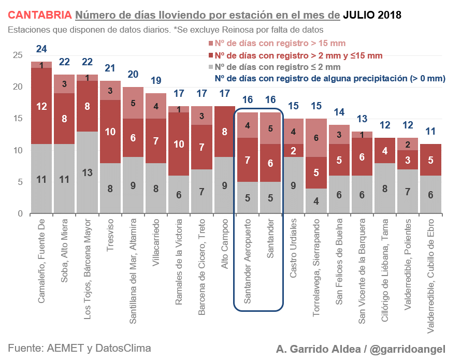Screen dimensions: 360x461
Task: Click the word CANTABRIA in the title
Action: (x=39, y=15)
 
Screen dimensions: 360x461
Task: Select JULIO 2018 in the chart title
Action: (x=372, y=15)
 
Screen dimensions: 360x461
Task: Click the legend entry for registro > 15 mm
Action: (x=280, y=44)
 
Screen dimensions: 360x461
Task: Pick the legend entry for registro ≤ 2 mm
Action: (x=277, y=67)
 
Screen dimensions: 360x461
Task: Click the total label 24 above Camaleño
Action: (x=41, y=49)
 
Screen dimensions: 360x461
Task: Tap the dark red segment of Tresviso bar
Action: (x=110, y=132)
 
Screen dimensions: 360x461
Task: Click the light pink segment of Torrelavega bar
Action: (x=316, y=138)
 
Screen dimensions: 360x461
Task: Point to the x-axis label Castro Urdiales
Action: (x=293, y=249)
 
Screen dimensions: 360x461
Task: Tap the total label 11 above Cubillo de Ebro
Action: (x=430, y=132)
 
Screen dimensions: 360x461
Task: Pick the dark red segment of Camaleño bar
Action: (x=41, y=106)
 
